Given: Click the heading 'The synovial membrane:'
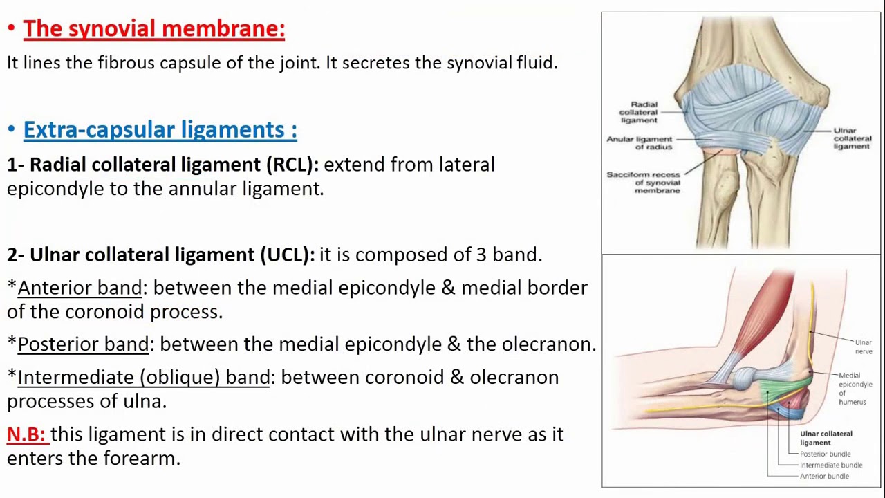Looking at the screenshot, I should tap(153, 28).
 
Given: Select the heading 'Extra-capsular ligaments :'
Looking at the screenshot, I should tap(160, 129).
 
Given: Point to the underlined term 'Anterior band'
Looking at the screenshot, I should tap(80, 288).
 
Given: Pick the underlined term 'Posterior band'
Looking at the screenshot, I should tap(83, 344).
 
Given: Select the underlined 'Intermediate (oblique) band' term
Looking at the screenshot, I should tap(144, 378).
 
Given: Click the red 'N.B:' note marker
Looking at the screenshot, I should tap(26, 434).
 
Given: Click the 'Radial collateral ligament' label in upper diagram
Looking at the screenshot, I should tap(638, 112).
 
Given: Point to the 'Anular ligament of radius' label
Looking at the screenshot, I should tap(640, 142).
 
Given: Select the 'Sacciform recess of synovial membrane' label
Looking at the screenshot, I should tap(644, 182).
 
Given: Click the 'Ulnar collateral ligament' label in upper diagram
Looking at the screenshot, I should tap(852, 138).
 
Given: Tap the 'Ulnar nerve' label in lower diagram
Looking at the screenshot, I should tap(863, 347).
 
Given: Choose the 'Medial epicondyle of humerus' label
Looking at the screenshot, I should tap(855, 388).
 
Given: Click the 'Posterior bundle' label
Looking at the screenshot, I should tap(825, 454).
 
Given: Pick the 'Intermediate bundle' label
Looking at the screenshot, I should tap(830, 465).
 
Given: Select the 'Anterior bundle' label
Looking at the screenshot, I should tap(824, 477).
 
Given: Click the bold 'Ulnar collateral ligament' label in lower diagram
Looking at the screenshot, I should tap(826, 438).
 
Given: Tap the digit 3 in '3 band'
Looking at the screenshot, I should tap(481, 255).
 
